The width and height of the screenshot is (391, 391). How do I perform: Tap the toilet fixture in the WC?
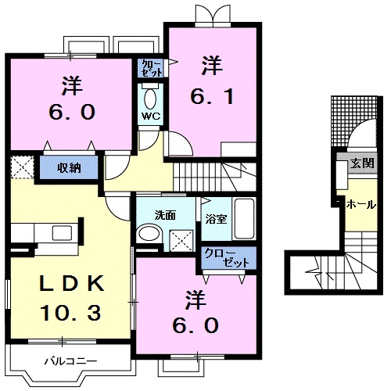click(x=151, y=97)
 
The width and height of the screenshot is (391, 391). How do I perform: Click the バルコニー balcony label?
click(x=69, y=361)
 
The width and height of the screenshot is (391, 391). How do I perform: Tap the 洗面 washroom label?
click(x=163, y=214)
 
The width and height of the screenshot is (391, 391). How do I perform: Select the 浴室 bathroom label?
click(x=217, y=220)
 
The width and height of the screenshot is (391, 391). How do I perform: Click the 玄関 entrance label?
click(x=361, y=163)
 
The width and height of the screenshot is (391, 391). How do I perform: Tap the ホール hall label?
click(x=361, y=203)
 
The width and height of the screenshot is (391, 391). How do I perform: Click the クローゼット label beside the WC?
click(x=152, y=68)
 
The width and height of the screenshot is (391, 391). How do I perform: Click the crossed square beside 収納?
click(x=22, y=167)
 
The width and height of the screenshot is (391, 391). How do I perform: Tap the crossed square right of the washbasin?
click(x=183, y=239)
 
